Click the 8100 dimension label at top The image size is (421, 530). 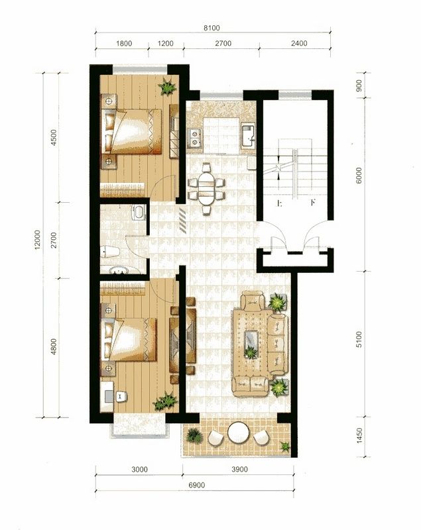click(211, 28)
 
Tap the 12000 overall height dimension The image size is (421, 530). click(37, 240)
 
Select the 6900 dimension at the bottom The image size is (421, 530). click(196, 485)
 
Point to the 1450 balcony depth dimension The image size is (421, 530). click(359, 436)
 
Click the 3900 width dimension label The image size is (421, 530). click(239, 469)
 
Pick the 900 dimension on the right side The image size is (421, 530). click(359, 85)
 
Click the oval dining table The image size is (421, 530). click(206, 189)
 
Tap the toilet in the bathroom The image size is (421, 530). click(110, 252)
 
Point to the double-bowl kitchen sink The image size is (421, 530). click(195, 138)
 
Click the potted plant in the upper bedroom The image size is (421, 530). click(167, 87)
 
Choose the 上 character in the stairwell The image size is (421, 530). click(280, 203)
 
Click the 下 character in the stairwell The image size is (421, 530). click(313, 203)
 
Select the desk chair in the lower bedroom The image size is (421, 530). click(121, 396)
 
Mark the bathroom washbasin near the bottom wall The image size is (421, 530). click(119, 270)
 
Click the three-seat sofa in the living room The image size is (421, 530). click(278, 344)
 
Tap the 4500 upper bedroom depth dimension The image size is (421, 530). click(54, 138)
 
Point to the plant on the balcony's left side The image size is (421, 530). click(194, 436)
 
